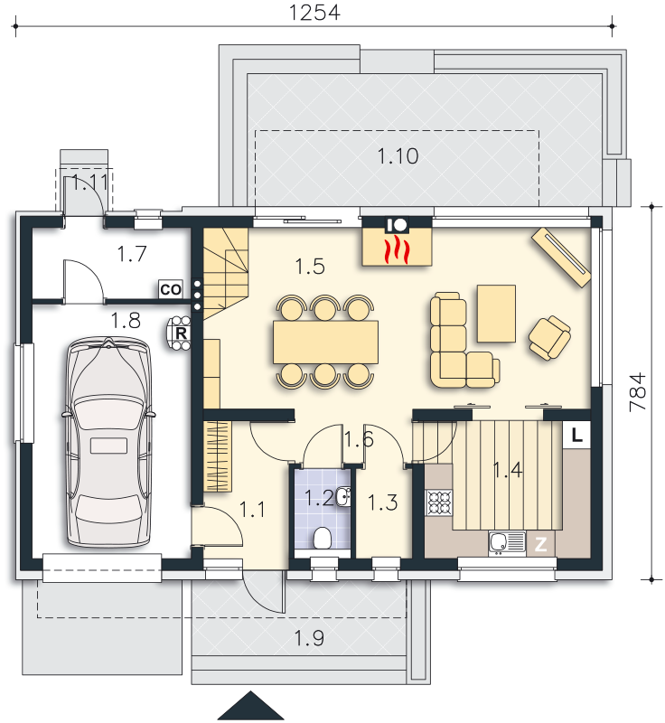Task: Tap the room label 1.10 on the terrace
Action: (397, 156)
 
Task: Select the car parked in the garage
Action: (105, 443)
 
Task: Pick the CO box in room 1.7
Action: (170, 289)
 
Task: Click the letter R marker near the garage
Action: (181, 332)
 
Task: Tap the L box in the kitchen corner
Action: (576, 435)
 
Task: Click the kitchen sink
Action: (506, 542)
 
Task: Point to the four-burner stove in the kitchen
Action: (438, 502)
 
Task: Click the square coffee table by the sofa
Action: (496, 313)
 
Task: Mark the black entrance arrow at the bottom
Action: (248, 708)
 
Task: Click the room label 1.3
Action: (383, 503)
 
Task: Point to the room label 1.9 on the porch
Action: (309, 639)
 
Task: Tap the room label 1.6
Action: (358, 440)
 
